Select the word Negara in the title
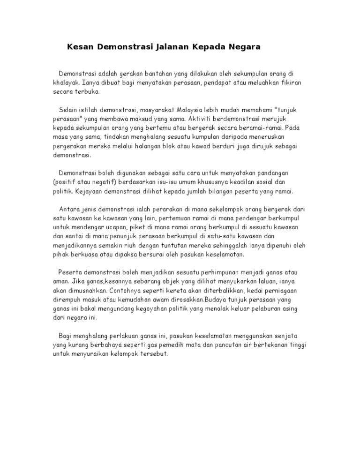pyautogui.click(x=243, y=47)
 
